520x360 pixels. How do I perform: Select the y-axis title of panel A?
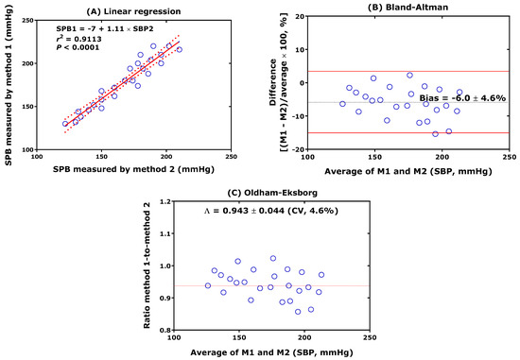[9, 85]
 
